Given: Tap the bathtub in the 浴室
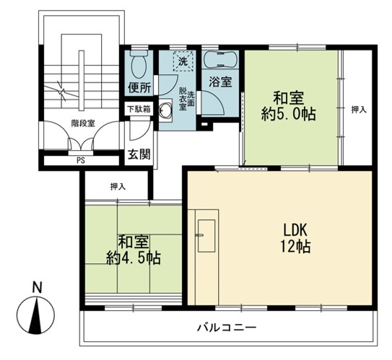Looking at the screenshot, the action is point(220,59).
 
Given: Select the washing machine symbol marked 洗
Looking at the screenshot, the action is point(183,61).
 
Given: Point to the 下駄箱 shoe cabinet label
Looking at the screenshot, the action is point(139,109).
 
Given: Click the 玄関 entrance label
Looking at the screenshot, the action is point(139,154).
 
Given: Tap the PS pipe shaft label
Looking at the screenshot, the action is point(81,161).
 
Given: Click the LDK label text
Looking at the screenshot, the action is point(295,231).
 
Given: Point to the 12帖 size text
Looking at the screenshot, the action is point(295,246).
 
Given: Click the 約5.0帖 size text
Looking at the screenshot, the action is point(289,114).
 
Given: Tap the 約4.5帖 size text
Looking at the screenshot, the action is point(134,258).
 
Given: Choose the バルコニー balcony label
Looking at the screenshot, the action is point(227,328).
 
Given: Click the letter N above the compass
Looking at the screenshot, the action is point(38,288).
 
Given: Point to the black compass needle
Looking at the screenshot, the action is point(35,317).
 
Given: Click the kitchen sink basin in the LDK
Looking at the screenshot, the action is point(206,236).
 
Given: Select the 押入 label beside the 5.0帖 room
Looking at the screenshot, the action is point(359,110).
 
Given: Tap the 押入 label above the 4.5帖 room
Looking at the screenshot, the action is point(118,187).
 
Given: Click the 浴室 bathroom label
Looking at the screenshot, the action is point(220,82).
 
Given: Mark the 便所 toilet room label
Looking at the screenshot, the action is point(139,87).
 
